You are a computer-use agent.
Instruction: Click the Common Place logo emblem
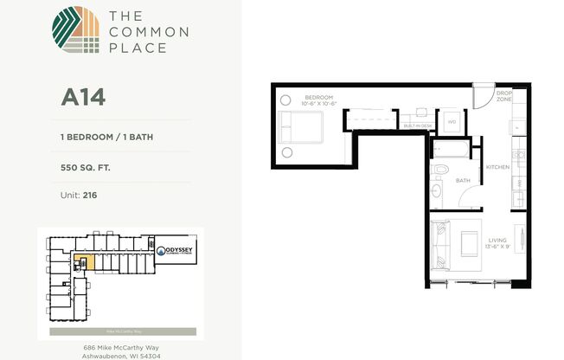click(x=76, y=30)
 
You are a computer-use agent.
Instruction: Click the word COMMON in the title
click(x=137, y=32)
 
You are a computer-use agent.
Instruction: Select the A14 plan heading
click(x=82, y=97)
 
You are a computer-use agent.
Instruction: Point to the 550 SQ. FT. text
click(x=89, y=169)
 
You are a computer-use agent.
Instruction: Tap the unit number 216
click(x=90, y=196)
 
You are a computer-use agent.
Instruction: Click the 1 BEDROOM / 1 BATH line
click(x=107, y=137)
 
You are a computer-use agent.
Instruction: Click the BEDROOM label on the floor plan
click(x=317, y=97)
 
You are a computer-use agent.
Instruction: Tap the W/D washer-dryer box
click(x=451, y=122)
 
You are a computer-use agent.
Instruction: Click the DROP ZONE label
click(x=504, y=97)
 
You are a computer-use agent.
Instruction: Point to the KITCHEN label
click(x=497, y=166)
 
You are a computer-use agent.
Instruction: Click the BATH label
click(x=463, y=181)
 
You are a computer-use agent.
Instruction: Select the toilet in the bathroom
click(x=437, y=169)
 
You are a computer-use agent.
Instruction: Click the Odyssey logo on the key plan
click(x=178, y=252)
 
